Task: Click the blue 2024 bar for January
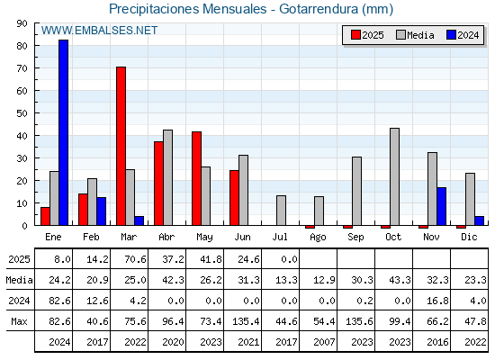click(x=63, y=132)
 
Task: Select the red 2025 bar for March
click(x=121, y=146)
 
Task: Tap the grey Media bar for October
click(x=394, y=176)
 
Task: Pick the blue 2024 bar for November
click(x=441, y=206)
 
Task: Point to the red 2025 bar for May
click(x=197, y=178)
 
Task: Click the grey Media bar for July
click(x=281, y=211)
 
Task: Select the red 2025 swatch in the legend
click(x=355, y=35)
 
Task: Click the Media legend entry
click(x=415, y=35)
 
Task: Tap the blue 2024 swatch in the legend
click(x=451, y=35)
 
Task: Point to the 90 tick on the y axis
click(x=22, y=23)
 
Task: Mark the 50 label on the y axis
click(x=22, y=113)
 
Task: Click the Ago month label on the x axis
click(x=318, y=238)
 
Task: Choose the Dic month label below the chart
click(x=469, y=237)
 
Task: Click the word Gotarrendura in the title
click(x=319, y=9)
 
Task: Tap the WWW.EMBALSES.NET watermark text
click(x=99, y=31)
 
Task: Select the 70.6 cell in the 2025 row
click(x=135, y=259)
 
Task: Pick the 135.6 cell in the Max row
click(x=359, y=321)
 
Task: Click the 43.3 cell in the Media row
click(x=400, y=280)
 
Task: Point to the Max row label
click(x=19, y=321)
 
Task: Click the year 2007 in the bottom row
click(x=324, y=342)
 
